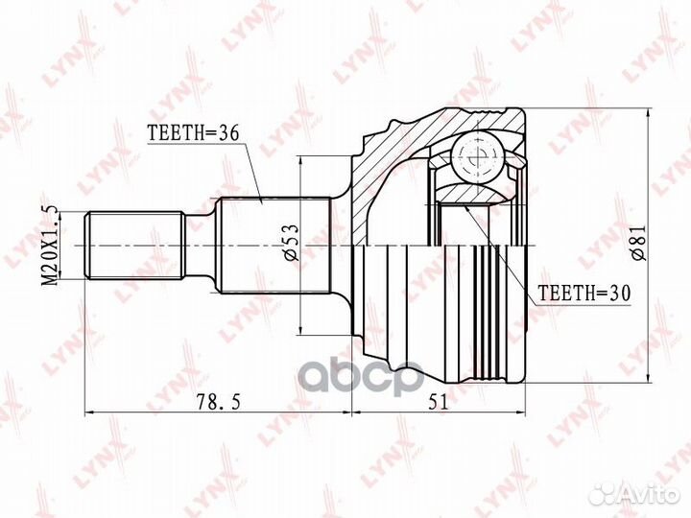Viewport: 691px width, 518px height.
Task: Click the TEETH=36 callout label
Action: (x=194, y=132)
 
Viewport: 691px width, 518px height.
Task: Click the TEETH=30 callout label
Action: (x=584, y=292)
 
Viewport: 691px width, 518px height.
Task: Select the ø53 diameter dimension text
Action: (x=292, y=243)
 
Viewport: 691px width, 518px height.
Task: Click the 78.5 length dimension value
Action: (x=219, y=401)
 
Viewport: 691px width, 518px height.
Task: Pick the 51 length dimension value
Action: (x=438, y=401)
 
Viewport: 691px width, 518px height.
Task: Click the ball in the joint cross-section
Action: (x=477, y=156)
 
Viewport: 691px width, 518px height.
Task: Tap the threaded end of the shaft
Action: (x=134, y=246)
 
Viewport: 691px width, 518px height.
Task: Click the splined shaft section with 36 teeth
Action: (x=275, y=246)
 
